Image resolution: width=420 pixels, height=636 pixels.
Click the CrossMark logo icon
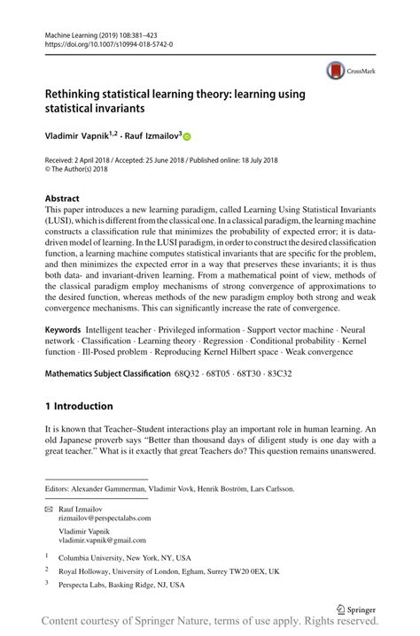point(335,71)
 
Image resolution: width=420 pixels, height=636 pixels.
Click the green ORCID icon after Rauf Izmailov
point(187,138)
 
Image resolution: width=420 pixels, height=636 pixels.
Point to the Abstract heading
point(62,199)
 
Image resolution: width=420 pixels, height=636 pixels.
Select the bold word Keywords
point(67,329)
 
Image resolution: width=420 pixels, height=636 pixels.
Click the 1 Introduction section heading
point(79,406)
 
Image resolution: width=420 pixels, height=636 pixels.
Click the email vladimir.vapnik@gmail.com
point(102,539)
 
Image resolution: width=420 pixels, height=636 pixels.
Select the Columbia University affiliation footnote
point(124,558)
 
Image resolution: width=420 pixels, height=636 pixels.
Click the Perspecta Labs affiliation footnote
point(121,585)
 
